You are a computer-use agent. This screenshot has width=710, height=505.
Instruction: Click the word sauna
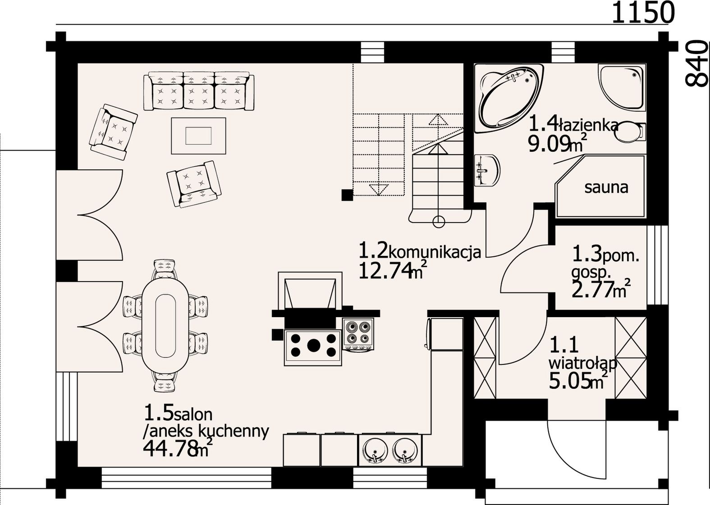[606, 187]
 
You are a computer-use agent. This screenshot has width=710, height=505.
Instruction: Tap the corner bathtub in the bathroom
[508, 98]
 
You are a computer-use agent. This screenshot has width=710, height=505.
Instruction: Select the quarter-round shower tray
[621, 87]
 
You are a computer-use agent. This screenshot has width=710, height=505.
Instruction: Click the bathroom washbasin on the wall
[487, 170]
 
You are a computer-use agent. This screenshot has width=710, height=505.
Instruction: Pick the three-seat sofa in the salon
[199, 91]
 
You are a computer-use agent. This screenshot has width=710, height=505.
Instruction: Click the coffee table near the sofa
[198, 136]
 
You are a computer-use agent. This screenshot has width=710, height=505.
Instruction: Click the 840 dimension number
[696, 67]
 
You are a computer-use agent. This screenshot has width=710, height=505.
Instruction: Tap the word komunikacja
[435, 252]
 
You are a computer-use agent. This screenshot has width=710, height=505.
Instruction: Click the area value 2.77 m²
[600, 289]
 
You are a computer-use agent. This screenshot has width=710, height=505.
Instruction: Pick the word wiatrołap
[583, 364]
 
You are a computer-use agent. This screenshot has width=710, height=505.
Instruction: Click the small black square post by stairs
[348, 195]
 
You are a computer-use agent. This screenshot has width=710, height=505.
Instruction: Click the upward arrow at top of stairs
[438, 120]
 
